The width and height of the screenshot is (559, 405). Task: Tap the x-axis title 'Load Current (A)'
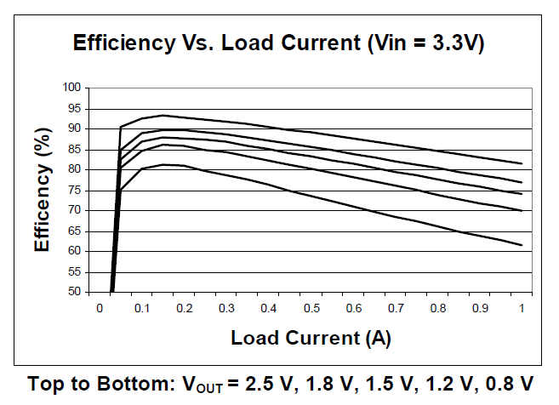point(311,338)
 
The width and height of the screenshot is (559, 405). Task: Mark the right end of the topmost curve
point(521,163)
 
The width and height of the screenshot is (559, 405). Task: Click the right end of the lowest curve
point(521,245)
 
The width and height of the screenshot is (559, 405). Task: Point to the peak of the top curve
point(162,115)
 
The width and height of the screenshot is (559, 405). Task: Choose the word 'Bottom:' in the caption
point(145,384)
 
